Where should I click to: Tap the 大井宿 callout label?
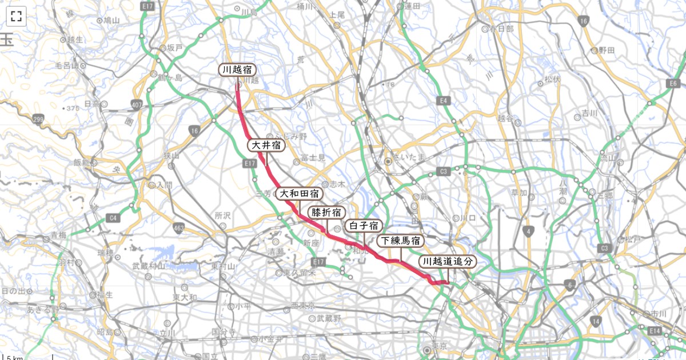(266, 145)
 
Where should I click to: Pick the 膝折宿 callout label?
(326, 212)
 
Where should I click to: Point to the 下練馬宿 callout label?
(401, 241)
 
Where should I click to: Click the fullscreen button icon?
(16, 16)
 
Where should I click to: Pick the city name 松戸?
(633, 239)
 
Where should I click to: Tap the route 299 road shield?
(38, 119)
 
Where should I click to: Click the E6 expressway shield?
(672, 85)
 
